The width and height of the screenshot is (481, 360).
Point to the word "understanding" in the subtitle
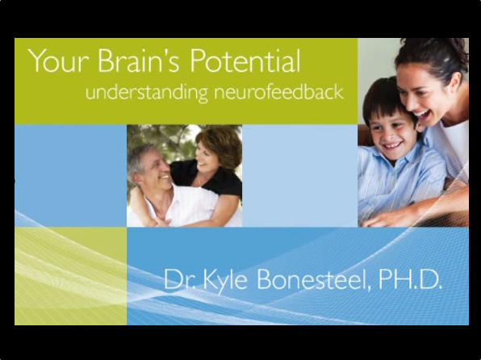tap(146, 93)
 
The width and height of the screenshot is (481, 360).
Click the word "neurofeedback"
tap(278, 91)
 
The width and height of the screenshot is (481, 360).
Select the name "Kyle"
tap(225, 281)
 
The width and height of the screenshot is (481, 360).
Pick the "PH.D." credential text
tap(410, 278)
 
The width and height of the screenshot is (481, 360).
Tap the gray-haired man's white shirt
tap(178, 209)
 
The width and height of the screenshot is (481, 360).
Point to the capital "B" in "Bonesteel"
tap(265, 278)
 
